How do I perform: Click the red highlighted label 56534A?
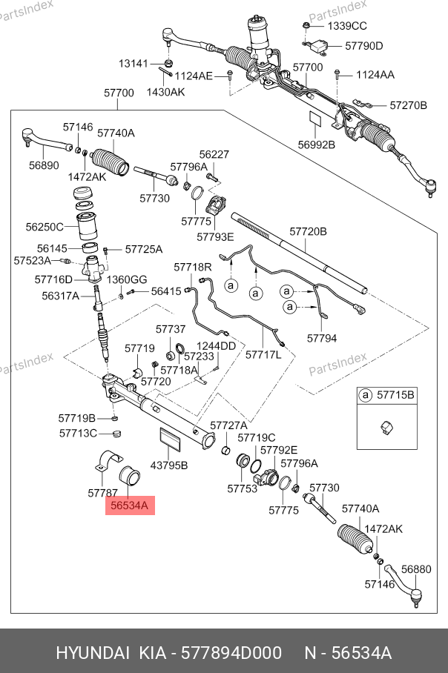130,505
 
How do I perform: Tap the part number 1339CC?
347,25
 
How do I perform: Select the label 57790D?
363,46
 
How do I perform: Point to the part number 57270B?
409,105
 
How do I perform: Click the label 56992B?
317,145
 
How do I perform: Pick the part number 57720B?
308,232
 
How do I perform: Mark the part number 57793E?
215,236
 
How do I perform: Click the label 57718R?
193,267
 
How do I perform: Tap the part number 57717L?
264,354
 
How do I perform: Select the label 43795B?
169,465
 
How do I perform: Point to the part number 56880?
415,569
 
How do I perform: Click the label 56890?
44,165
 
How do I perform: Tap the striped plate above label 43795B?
171,439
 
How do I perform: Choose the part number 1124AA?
375,75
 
